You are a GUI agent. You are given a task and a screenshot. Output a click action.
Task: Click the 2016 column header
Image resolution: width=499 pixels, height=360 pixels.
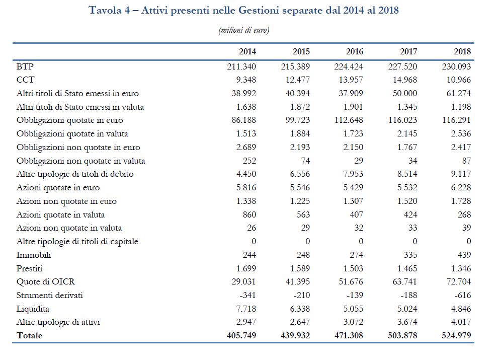point(354,52)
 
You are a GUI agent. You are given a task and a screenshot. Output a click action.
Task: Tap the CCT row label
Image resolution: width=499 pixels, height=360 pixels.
point(25,80)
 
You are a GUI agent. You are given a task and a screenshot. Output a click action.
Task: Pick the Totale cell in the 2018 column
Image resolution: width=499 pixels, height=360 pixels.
point(456,335)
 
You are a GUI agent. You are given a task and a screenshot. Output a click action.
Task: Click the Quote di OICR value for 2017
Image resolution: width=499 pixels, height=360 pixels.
point(404,281)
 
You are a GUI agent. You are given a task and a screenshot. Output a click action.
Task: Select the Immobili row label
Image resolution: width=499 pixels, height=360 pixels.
point(34,255)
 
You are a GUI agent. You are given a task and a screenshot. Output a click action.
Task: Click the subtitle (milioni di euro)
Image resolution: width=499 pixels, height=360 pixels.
point(244,30)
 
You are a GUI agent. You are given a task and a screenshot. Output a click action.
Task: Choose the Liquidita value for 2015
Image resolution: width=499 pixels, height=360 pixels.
point(300,309)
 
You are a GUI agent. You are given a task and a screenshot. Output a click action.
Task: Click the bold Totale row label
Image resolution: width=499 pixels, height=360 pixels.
point(30,335)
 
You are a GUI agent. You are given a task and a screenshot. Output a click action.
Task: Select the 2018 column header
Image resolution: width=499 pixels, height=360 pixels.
point(462,52)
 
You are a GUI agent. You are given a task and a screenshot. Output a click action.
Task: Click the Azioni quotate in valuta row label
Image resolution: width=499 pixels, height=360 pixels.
point(61,214)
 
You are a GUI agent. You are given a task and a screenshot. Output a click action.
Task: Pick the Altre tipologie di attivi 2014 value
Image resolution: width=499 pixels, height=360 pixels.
point(246,322)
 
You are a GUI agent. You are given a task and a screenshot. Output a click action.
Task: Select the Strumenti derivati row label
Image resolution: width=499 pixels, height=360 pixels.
point(49,295)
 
